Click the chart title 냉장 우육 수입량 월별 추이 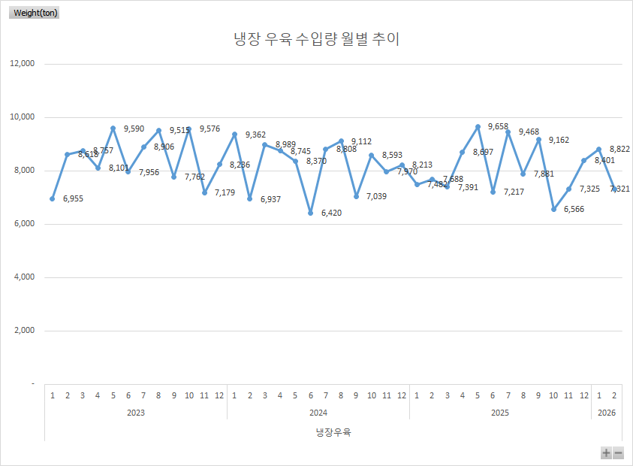(x=316, y=39)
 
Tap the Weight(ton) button (x=35, y=13)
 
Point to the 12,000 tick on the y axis (x=22, y=64)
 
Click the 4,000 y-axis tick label (x=24, y=277)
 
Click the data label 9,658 (x=498, y=127)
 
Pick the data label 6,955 (x=74, y=199)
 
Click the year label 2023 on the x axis (x=135, y=413)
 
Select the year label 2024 (x=318, y=413)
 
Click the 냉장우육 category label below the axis (x=333, y=432)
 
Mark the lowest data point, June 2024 (x=310, y=213)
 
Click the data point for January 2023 (x=52, y=198)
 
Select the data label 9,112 (x=361, y=141)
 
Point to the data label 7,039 (x=376, y=196)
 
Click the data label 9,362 (x=255, y=135)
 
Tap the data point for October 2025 (x=553, y=209)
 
